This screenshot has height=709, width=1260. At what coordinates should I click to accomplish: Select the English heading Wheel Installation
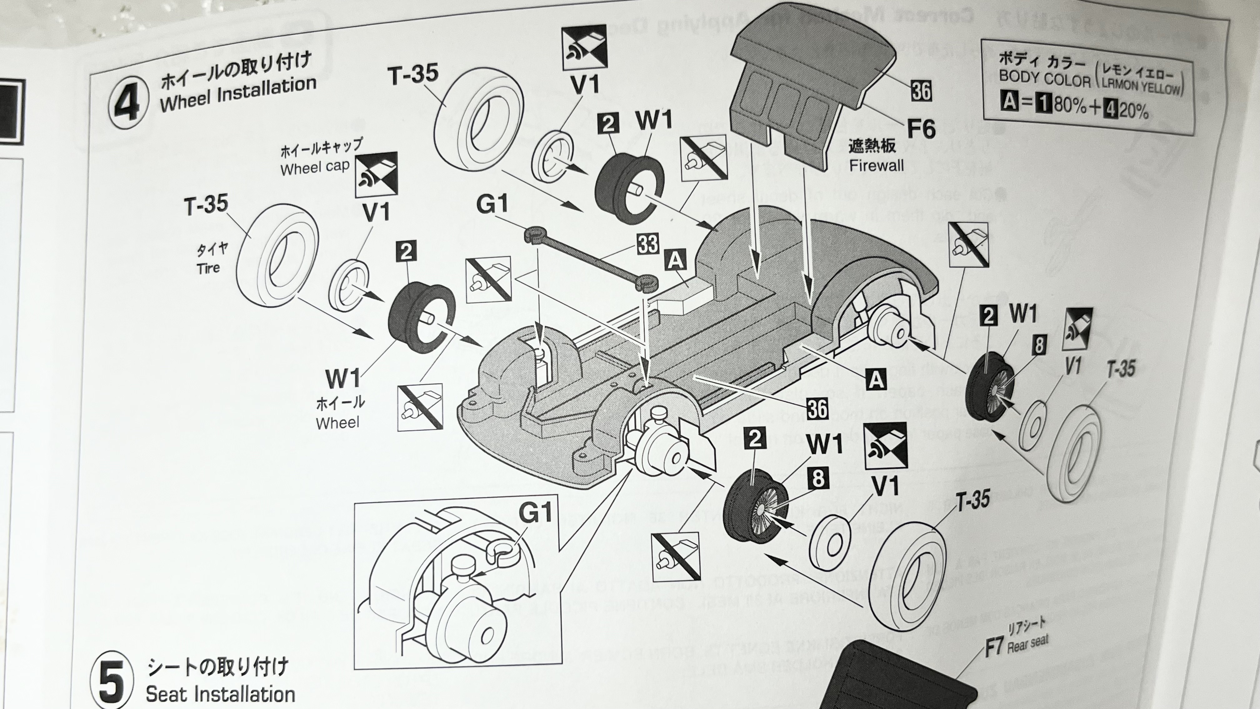point(238,96)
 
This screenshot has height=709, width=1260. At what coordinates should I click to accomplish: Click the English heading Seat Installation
point(220,694)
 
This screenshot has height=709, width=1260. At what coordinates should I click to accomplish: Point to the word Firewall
point(877,165)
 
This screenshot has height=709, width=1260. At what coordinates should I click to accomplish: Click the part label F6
point(921,128)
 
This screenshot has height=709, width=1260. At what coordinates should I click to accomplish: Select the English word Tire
point(208,269)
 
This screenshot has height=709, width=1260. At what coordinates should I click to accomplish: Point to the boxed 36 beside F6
point(921,91)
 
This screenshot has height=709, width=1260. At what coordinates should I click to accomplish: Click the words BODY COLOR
point(1044,79)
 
